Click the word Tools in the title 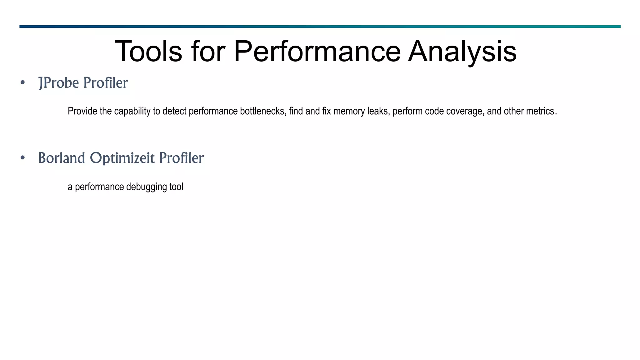click(x=148, y=52)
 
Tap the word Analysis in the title click(x=462, y=52)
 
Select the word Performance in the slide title click(x=317, y=52)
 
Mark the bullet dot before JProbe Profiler click(x=22, y=83)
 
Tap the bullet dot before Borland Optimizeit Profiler click(x=22, y=158)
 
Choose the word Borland click(x=62, y=158)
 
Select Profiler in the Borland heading click(x=181, y=158)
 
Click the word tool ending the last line click(x=176, y=187)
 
